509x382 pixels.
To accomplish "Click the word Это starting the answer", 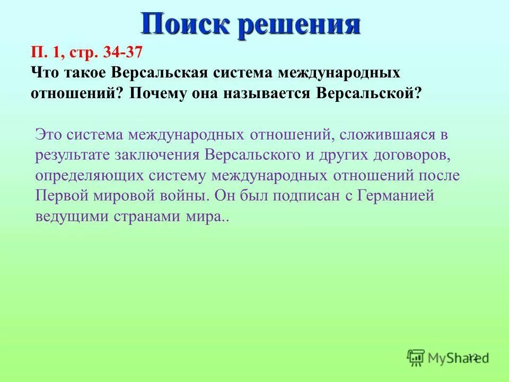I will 49,134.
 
